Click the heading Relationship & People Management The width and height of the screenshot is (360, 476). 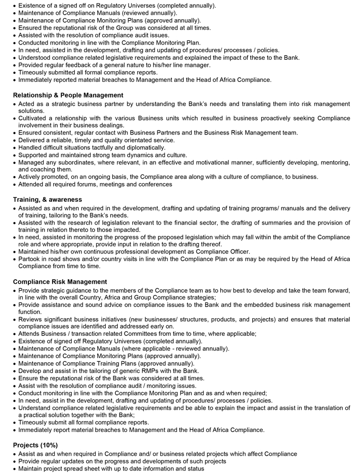coord(68,95)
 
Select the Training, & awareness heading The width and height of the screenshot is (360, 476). coord(48,200)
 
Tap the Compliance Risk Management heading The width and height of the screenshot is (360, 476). coord(60,282)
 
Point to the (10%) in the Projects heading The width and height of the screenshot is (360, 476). coord(49,445)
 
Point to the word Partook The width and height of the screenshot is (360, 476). coord(30,259)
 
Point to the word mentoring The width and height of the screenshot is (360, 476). coord(334,162)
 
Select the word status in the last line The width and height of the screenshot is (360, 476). coord(194,468)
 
